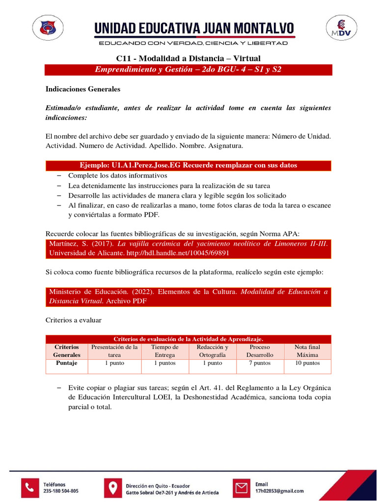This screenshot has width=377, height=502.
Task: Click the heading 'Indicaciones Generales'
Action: [83, 90]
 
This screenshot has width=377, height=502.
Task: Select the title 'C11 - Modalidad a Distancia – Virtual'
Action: [188, 59]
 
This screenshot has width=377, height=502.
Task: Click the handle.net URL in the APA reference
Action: [167, 253]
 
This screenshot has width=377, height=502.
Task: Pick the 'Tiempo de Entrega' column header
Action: [165, 351]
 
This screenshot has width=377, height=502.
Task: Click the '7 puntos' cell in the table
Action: [260, 363]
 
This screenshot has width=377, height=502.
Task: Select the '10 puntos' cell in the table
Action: [307, 363]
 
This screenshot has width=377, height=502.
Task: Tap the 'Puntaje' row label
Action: [67, 363]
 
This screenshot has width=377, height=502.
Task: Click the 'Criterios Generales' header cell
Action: [67, 351]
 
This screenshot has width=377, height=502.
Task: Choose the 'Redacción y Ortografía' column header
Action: [212, 351]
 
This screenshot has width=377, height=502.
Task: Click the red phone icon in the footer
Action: [30, 487]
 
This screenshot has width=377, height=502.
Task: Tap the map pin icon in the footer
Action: [113, 488]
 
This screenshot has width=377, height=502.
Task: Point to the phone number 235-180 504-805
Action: [61, 491]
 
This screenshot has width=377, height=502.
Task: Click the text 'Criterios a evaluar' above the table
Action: [74, 320]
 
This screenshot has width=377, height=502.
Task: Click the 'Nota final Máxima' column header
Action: [307, 351]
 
